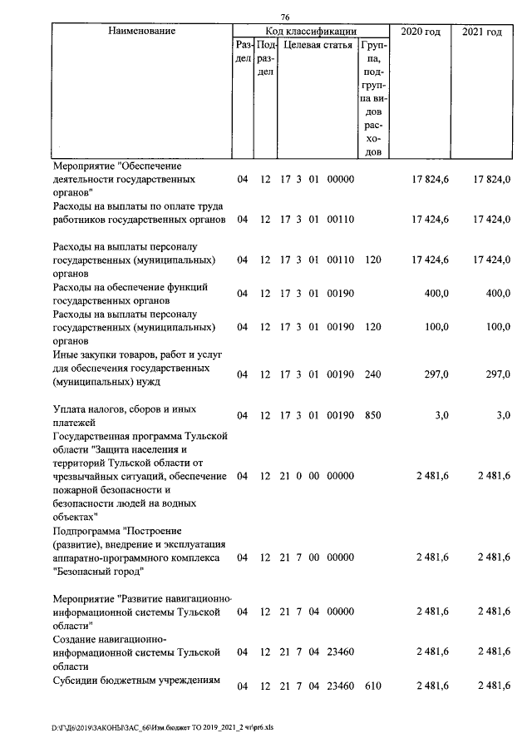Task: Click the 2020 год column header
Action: point(420,32)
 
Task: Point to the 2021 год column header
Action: point(482,32)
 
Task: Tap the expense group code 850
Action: point(372,415)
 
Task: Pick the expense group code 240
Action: point(372,374)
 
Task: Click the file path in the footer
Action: point(162,726)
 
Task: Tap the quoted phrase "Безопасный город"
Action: point(98,572)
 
